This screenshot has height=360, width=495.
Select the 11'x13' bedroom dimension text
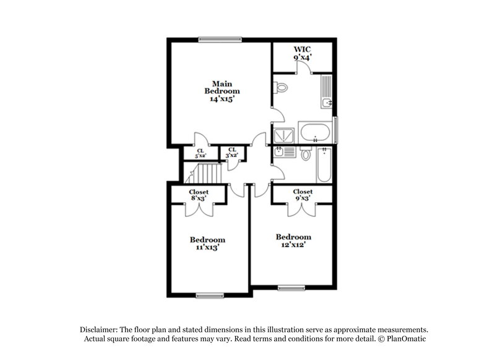tap(207, 247)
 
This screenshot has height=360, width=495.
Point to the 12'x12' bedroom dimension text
tap(293, 244)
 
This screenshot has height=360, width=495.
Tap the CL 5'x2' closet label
tap(200, 153)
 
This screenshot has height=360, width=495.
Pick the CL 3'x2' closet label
tap(232, 153)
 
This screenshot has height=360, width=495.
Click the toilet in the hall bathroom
tap(305, 155)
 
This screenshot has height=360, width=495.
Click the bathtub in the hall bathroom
tap(324, 164)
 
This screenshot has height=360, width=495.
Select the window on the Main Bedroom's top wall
tap(220, 40)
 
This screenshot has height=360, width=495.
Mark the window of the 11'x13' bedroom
tap(209, 295)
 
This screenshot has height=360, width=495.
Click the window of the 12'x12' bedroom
tap(291, 288)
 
